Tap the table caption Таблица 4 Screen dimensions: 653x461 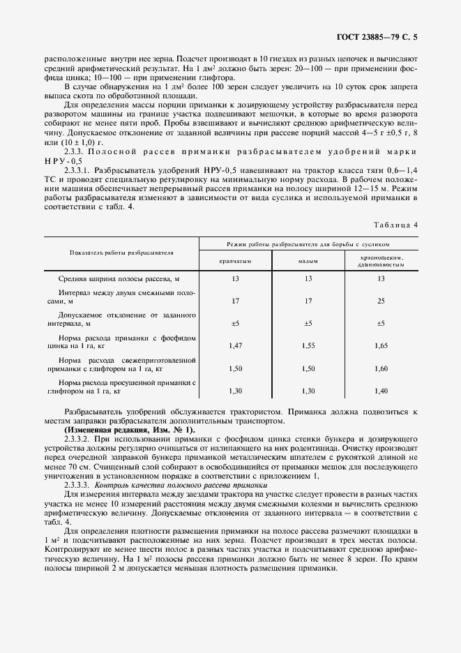pos(396,225)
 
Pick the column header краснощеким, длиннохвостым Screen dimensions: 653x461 pos(381,262)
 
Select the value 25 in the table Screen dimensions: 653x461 pos(381,301)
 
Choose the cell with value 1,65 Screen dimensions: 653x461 pos(381,345)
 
